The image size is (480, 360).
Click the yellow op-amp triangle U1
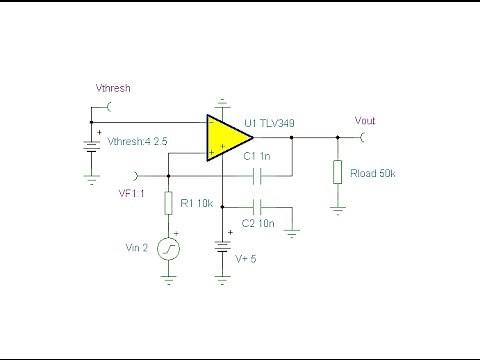coord(225,138)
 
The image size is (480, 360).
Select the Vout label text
coord(366,120)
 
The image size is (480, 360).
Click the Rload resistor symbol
coord(339,173)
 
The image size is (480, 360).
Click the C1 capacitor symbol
coord(259,176)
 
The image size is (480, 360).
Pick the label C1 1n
coord(258,157)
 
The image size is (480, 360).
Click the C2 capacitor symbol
coord(259,208)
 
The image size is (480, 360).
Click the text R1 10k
coord(197,203)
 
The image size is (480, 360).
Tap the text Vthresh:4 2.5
coord(139,141)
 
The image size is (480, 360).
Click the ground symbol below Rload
coord(339,211)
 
